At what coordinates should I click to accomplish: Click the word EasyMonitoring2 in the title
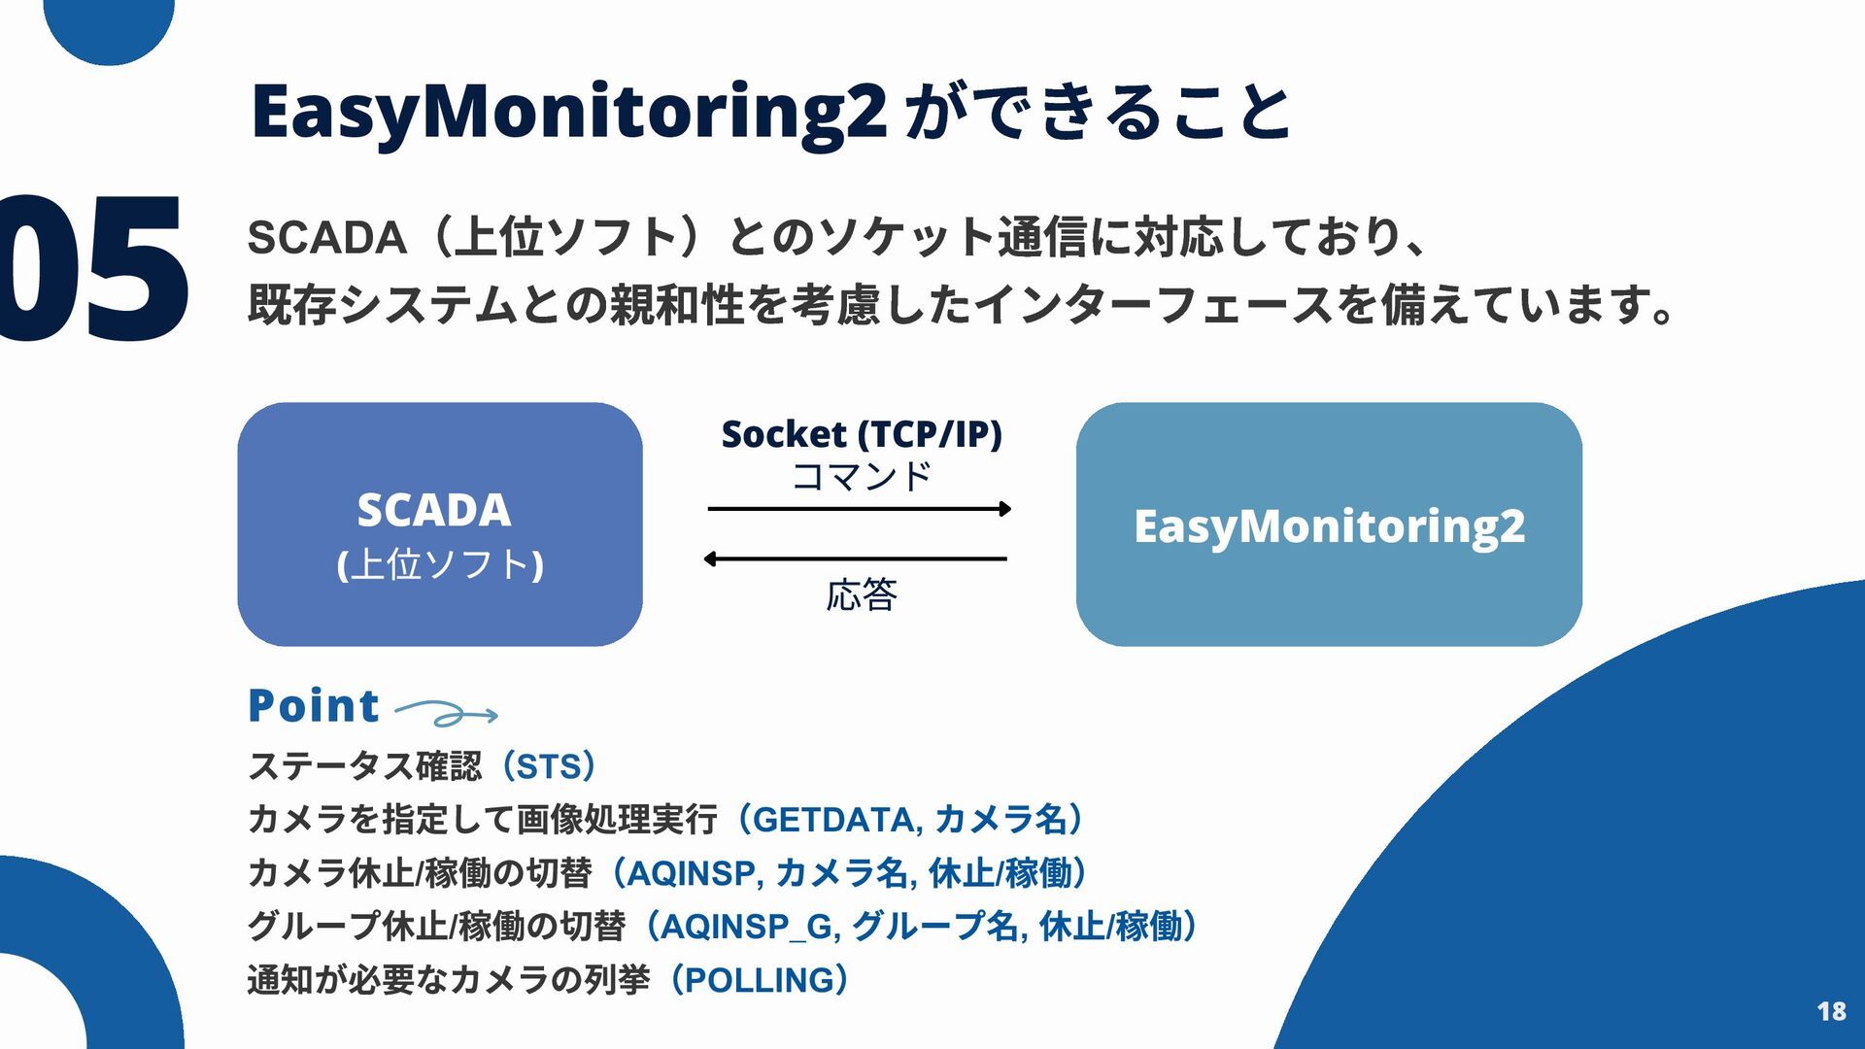click(x=568, y=112)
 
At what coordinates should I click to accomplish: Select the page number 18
click(x=1831, y=1011)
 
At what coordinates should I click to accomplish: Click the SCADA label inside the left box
click(x=433, y=510)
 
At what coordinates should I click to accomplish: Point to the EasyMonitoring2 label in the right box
click(x=1329, y=525)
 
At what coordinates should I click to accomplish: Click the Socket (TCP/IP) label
click(x=862, y=433)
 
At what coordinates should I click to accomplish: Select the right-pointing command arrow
click(x=860, y=508)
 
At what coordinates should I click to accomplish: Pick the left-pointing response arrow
click(x=855, y=558)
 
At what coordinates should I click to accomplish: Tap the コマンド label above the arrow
click(x=862, y=476)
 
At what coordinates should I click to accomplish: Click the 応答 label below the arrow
click(x=862, y=594)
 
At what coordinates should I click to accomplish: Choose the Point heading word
click(x=313, y=705)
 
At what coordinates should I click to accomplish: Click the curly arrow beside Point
click(x=447, y=715)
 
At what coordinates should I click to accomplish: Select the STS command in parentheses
click(x=548, y=766)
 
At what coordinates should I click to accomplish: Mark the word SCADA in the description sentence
click(x=326, y=238)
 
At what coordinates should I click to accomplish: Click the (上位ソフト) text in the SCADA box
click(x=440, y=564)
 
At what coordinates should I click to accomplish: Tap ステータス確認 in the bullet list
click(x=365, y=766)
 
